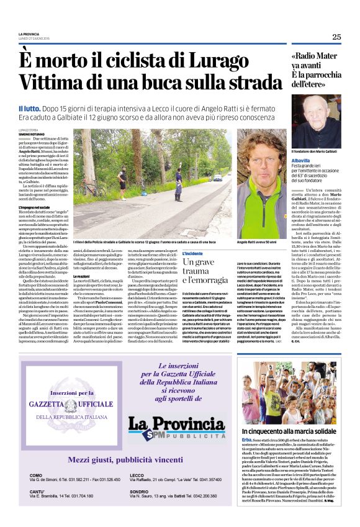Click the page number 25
coord(336,37)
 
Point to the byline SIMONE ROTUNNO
coord(32,134)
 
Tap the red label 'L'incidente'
coord(194,253)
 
